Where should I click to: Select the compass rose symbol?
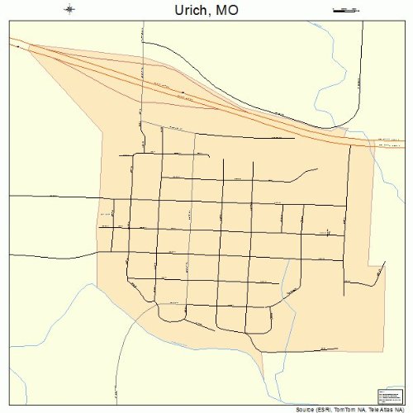pyautogui.click(x=69, y=10)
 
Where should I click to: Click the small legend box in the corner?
pyautogui.click(x=388, y=396)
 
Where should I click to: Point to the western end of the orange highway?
pyautogui.click(x=12, y=40)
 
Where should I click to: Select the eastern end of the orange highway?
pyautogui.click(x=400, y=145)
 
